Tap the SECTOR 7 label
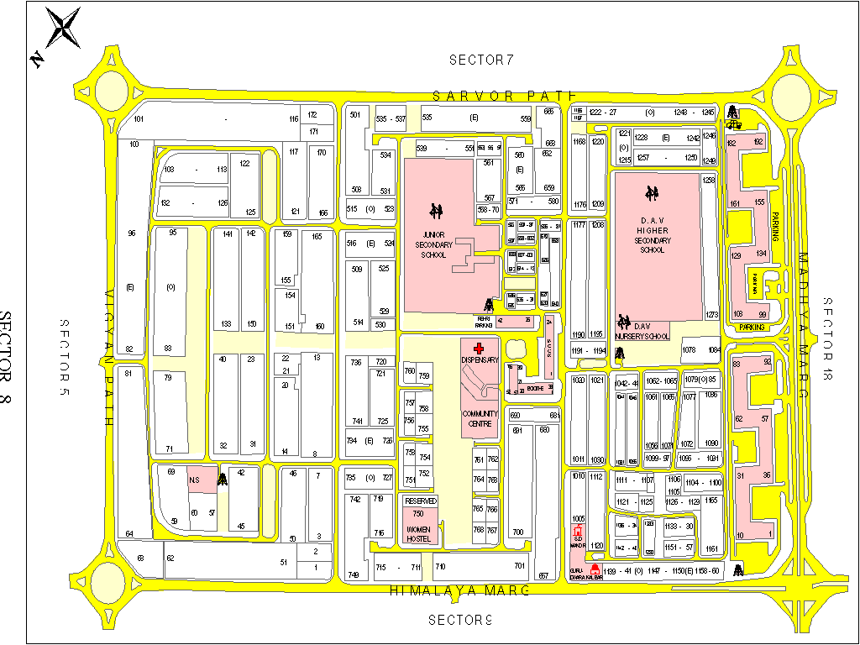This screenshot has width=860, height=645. pos(480,60)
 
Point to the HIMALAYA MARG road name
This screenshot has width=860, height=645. pos(460,590)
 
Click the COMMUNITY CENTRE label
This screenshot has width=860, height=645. pos(480,419)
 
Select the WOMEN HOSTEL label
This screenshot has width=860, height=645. pos(419,533)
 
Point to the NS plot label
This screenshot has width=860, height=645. pos(194,480)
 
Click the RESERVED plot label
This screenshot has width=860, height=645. pos(421,501)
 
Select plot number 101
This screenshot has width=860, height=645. pos(139,119)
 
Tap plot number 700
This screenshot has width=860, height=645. pos(517,532)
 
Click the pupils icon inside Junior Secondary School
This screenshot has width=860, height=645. pos(436,209)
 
